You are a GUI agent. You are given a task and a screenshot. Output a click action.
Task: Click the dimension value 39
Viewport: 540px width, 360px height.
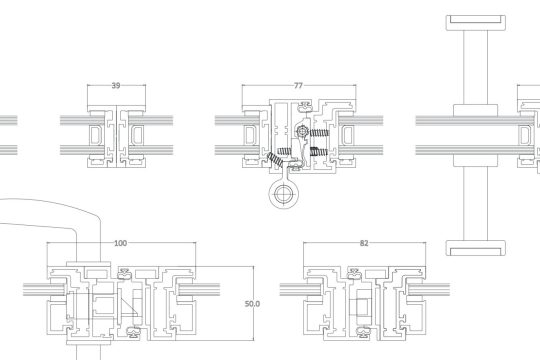(116, 85)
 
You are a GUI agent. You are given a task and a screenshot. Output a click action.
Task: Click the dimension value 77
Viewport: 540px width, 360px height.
(298, 85)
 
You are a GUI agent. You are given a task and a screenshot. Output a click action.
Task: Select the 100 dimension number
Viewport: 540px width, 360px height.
(120, 243)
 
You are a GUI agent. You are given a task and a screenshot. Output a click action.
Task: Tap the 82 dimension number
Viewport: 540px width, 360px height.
(364, 243)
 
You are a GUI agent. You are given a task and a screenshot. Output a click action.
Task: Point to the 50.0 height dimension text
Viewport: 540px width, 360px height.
(252, 304)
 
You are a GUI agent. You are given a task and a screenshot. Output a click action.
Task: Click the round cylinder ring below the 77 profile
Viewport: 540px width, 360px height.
(283, 195)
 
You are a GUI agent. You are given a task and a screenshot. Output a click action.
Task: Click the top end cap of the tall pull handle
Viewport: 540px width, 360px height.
(476, 23)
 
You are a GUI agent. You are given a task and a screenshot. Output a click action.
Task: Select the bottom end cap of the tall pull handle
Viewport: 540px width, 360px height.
(476, 248)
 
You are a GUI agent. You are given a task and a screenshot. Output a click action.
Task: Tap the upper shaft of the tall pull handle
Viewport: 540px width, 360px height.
(476, 67)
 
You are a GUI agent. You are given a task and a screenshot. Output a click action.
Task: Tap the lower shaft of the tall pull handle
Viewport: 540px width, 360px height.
(476, 204)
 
